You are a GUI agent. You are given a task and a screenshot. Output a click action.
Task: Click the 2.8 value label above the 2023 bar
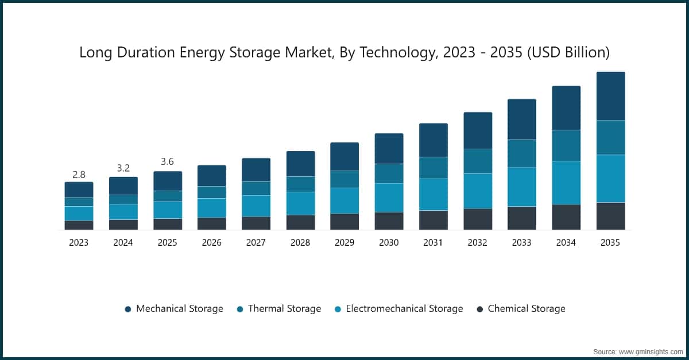79,175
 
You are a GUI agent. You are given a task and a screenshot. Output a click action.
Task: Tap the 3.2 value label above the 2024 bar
123,168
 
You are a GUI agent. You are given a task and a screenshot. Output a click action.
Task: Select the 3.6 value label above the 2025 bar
167,162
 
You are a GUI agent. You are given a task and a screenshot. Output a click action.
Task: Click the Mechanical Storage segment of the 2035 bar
610,96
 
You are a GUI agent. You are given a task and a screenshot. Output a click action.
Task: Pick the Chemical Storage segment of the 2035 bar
610,216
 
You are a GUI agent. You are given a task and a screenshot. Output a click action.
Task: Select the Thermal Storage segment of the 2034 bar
566,145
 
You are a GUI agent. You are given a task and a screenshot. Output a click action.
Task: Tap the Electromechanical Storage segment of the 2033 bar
521,187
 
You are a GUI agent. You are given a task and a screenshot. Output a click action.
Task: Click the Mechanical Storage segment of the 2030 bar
389,149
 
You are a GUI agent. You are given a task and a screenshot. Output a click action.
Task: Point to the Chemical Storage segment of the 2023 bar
79,225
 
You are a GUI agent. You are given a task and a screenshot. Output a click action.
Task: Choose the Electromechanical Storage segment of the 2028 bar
300,203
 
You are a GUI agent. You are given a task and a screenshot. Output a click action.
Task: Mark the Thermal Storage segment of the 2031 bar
433,168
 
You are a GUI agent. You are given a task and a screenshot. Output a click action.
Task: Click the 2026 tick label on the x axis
211,243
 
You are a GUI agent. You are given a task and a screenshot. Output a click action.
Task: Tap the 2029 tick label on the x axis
344,243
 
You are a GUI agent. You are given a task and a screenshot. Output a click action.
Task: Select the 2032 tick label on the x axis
477,243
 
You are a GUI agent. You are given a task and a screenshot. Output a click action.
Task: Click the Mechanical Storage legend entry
179,309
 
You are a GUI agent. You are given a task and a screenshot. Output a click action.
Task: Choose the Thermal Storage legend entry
284,309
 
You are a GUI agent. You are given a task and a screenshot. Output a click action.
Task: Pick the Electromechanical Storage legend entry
404,309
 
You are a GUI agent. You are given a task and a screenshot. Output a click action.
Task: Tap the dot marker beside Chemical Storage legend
480,309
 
